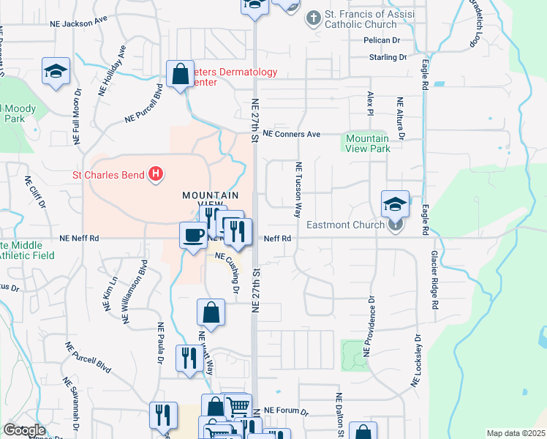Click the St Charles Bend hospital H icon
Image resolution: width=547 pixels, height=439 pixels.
[155, 174]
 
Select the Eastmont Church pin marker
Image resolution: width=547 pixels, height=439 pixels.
[395, 225]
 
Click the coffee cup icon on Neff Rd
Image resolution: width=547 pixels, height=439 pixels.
[193, 235]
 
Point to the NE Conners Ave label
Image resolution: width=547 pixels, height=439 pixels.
[292, 135]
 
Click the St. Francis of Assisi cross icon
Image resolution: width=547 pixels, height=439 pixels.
[313, 17]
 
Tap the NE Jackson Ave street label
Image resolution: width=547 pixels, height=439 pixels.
[78, 23]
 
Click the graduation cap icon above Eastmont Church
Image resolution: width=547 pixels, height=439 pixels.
[395, 203]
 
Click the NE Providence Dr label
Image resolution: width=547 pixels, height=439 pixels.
[371, 325]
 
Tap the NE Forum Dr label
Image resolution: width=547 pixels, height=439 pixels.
[287, 411]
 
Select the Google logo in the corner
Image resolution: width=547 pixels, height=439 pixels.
[23, 430]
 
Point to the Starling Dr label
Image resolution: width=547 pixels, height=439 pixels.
[388, 57]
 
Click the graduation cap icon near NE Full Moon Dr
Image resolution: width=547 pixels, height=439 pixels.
[55, 71]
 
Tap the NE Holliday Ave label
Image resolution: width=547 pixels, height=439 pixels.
[114, 67]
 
